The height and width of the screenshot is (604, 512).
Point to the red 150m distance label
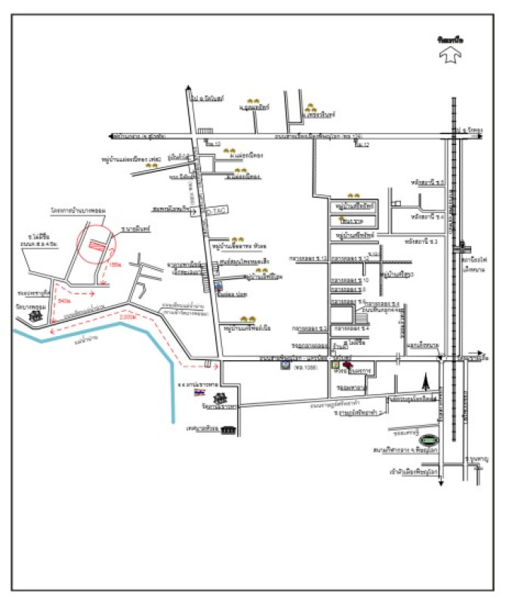tap(116, 265)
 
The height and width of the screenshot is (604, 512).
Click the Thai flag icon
tap(199, 394)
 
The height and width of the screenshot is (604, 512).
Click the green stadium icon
tap(430, 439)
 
